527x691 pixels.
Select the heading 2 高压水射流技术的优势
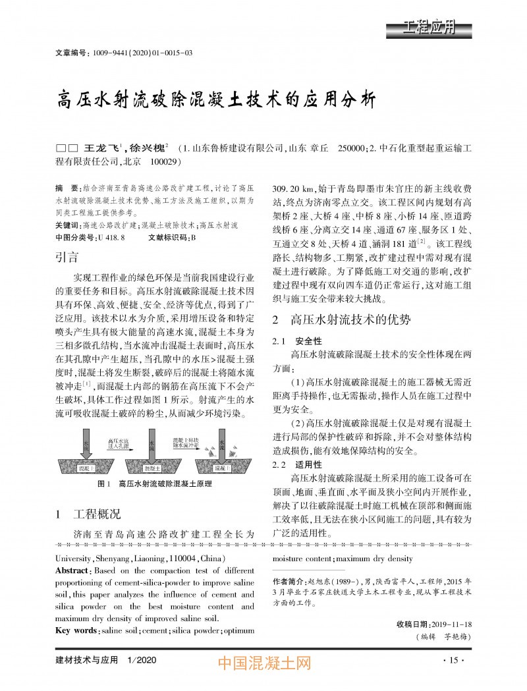(x=342, y=320)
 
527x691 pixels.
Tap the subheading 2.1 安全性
(x=298, y=341)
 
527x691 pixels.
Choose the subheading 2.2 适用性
(x=298, y=465)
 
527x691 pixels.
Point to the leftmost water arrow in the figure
(x=86, y=445)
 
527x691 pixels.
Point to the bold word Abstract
(x=72, y=570)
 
